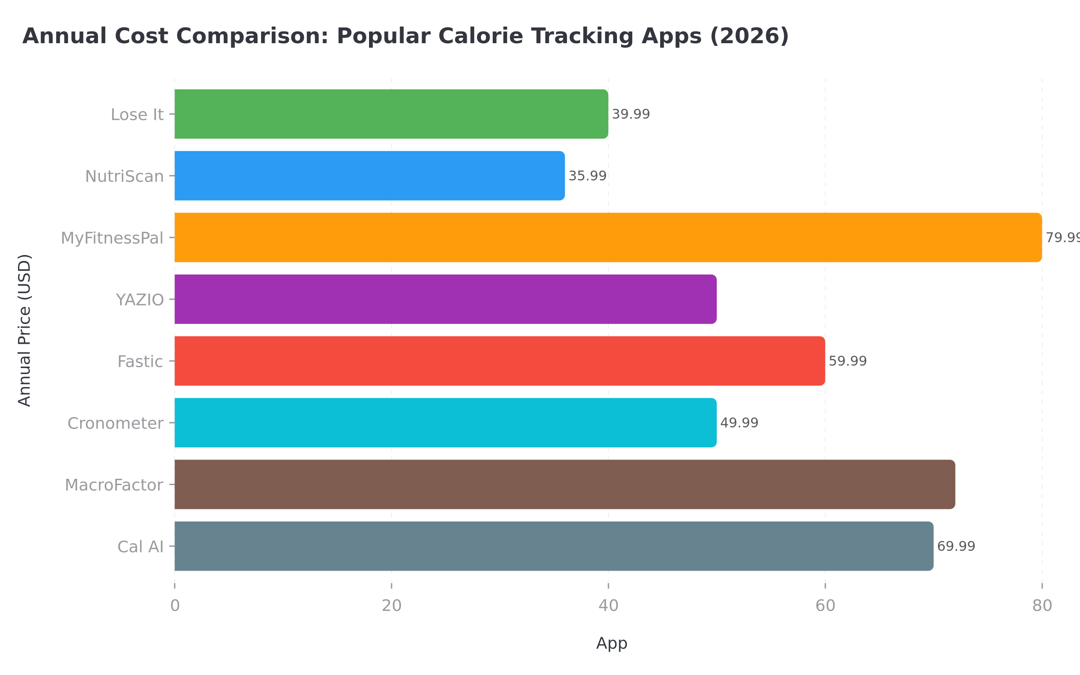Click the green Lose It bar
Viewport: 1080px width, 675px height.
pos(391,114)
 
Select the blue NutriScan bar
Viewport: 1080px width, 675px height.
pos(369,175)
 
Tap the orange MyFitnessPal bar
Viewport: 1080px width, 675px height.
pos(608,237)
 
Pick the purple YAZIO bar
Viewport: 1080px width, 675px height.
pos(445,299)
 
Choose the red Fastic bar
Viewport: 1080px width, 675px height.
pos(499,361)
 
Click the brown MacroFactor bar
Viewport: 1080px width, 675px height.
pos(565,484)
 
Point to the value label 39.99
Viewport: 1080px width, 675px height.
pos(631,114)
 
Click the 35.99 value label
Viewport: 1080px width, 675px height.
pos(587,176)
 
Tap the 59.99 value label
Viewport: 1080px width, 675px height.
pos(848,361)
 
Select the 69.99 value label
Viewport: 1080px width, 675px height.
pos(956,546)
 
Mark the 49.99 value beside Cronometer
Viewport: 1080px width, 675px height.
pos(739,423)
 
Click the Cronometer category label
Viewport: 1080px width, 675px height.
pos(116,423)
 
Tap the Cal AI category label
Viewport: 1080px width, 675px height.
pos(140,547)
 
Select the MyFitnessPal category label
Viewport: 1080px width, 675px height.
pos(112,238)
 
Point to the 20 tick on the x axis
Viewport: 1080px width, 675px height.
pos(391,606)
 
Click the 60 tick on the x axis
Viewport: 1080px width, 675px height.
pos(825,606)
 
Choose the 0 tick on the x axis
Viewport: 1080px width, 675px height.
pos(175,606)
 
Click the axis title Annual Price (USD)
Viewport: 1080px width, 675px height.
pos(25,331)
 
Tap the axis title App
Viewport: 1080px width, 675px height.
pos(612,643)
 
